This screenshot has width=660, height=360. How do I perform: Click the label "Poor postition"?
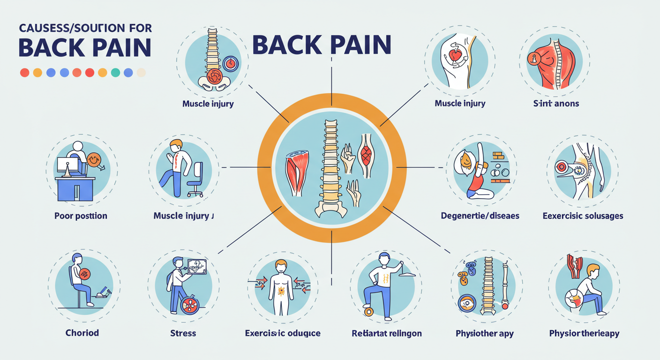pyautogui.click(x=81, y=216)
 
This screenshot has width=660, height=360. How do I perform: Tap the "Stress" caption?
pyautogui.click(x=183, y=333)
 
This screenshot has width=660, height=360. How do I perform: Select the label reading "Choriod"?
pyautogui.click(x=82, y=333)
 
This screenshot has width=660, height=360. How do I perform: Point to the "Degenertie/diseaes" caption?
pyautogui.click(x=480, y=216)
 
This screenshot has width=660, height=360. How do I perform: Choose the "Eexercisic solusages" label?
pyautogui.click(x=583, y=216)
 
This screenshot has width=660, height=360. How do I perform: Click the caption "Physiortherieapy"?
pyautogui.click(x=584, y=333)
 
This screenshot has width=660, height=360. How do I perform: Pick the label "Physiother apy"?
pyautogui.click(x=484, y=333)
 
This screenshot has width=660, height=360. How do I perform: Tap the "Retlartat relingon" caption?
pyautogui.click(x=386, y=333)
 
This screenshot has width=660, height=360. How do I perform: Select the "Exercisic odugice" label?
pyautogui.click(x=283, y=333)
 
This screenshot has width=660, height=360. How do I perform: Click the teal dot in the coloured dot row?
pyautogui.click(x=115, y=73)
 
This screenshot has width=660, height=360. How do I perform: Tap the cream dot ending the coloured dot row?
pyautogui.click(x=141, y=73)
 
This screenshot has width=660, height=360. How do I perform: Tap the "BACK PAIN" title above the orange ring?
pyautogui.click(x=322, y=45)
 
